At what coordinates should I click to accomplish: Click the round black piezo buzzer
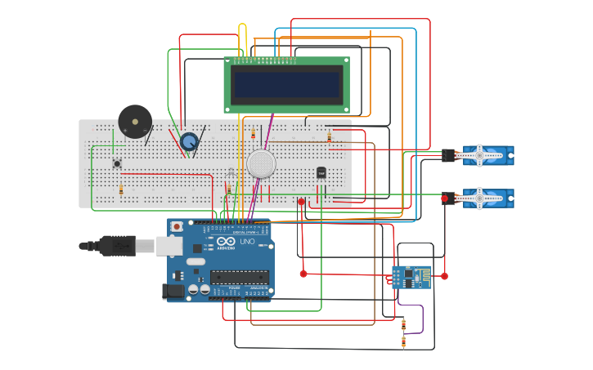tap(134, 122)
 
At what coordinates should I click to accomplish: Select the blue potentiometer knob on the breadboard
tap(190, 141)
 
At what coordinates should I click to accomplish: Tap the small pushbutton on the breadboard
tap(117, 163)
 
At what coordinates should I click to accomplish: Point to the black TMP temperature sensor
tap(321, 172)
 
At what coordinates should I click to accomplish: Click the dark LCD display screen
tap(286, 84)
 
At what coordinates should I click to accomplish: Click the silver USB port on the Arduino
tap(169, 244)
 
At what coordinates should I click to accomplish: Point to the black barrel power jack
tap(174, 290)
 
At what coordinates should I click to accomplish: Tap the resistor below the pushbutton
tap(121, 190)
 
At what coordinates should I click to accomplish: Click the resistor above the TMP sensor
tap(329, 137)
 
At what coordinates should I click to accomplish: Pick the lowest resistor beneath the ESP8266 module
tap(403, 341)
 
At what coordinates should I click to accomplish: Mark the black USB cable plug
tap(117, 244)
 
